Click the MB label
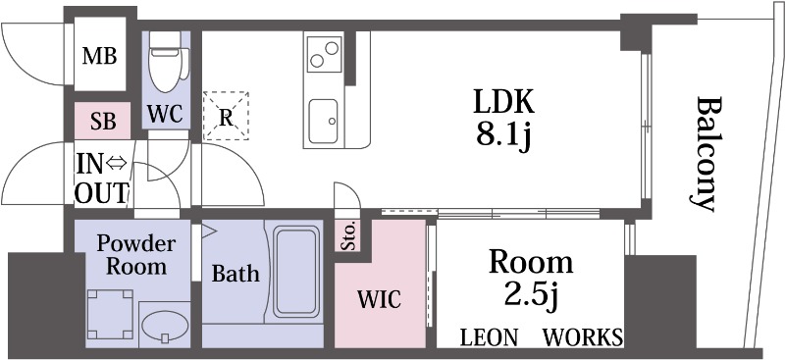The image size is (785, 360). click(100, 56)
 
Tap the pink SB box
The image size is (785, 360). click(103, 121)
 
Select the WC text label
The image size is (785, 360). click(166, 114)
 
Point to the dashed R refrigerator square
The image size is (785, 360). click(226, 116)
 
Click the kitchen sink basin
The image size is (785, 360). click(323, 122)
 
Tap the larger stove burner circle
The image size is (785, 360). click(332, 48)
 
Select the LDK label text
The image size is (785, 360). click(504, 102)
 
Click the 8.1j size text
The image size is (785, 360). click(502, 136)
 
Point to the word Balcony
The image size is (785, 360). click(703, 154)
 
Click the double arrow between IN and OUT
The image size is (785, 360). click(116, 164)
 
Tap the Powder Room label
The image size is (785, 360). click(136, 255)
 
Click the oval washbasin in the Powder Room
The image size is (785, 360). click(165, 326)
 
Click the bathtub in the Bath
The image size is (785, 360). click(296, 272)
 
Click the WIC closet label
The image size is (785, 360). click(379, 299)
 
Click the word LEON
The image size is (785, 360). click(489, 337)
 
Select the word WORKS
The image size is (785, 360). click(583, 337)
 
